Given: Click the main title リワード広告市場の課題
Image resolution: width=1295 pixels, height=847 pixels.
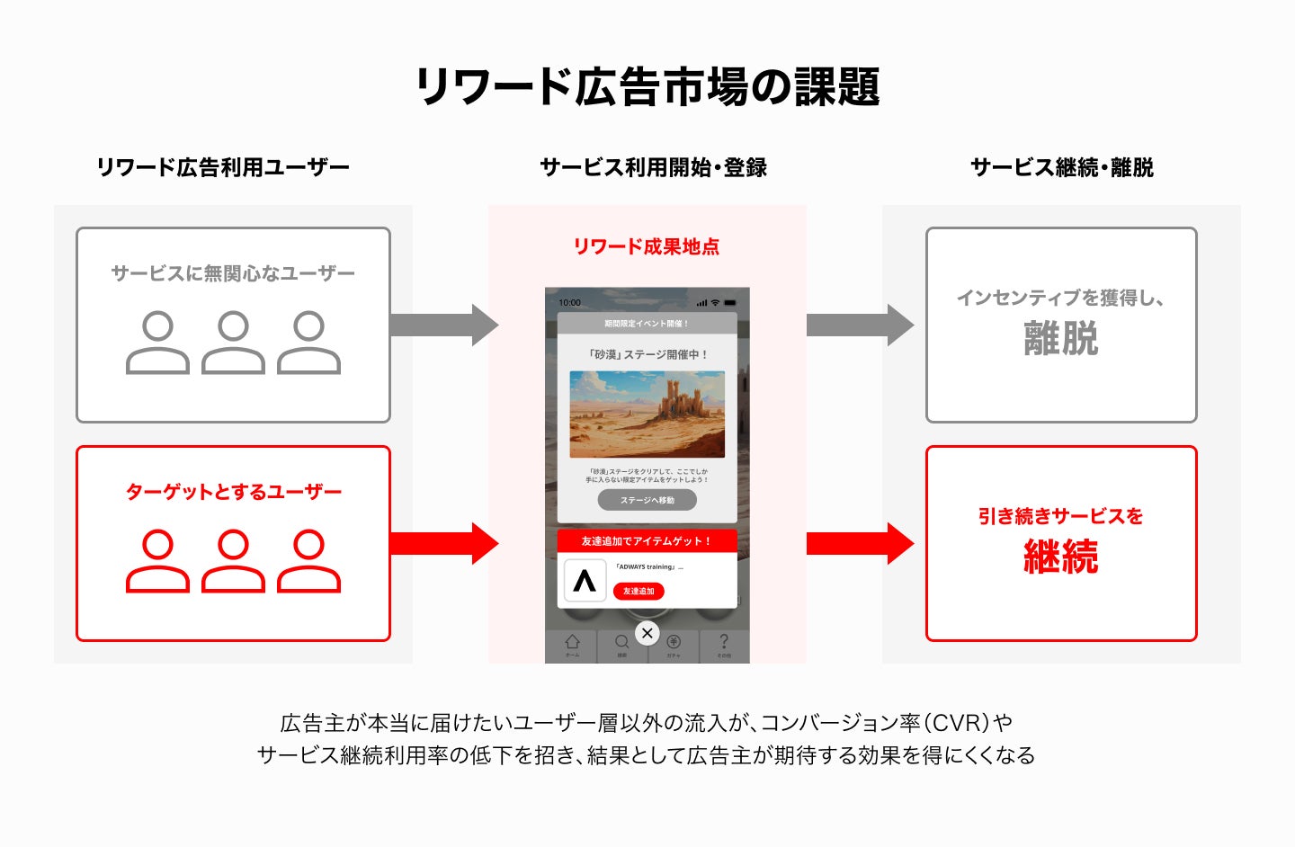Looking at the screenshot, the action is (x=647, y=87).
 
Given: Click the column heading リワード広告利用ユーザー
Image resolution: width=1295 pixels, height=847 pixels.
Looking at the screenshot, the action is (x=222, y=167).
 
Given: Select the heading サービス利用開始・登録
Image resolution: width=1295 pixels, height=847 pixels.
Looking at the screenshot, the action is (x=653, y=167).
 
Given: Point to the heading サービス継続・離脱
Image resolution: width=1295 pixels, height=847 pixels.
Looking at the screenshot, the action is (x=1061, y=167).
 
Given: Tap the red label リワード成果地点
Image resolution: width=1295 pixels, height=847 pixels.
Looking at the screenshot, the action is (x=647, y=246).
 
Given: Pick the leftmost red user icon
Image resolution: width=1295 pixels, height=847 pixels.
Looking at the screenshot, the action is (x=157, y=561).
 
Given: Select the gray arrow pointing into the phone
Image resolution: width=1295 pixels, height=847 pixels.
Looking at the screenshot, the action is (x=443, y=325).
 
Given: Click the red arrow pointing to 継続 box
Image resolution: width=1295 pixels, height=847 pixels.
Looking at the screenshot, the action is (x=859, y=543).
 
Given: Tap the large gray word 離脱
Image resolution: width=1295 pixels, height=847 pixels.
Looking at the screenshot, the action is (x=1061, y=339).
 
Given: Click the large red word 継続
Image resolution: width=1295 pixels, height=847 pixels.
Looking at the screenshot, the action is (x=1061, y=557).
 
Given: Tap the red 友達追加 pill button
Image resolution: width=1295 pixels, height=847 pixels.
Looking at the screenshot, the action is (x=639, y=591).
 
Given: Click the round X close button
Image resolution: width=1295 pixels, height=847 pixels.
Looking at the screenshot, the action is (x=647, y=633).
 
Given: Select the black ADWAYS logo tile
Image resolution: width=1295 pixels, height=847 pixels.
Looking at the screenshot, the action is (x=585, y=581).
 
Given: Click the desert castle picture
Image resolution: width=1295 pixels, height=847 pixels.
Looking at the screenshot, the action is (x=647, y=415).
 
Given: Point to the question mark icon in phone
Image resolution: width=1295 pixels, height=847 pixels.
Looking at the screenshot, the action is (x=724, y=643).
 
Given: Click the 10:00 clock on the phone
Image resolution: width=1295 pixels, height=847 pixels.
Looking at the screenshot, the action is (x=570, y=303).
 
